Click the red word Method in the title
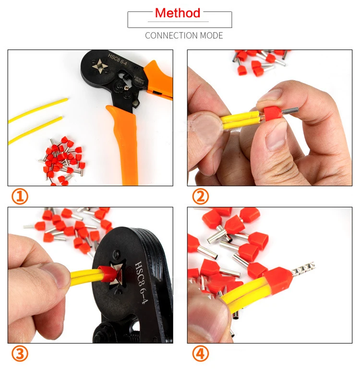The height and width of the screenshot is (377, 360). point(177,13)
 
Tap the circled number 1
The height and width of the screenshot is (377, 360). point(20,197)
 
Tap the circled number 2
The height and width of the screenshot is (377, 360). point(200,197)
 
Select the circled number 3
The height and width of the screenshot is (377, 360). point(20,354)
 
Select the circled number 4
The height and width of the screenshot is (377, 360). point(200,354)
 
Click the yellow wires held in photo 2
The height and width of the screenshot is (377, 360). point(238,121)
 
